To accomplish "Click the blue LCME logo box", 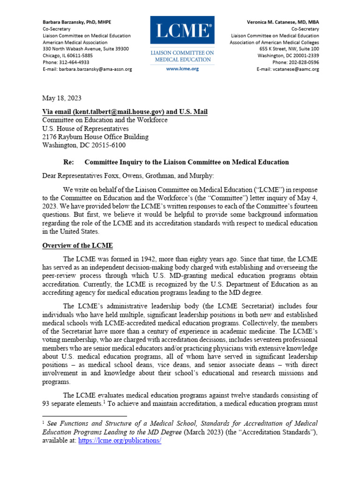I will [182, 31].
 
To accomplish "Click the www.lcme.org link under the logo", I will [182, 68].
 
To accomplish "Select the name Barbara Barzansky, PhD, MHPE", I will [77, 22].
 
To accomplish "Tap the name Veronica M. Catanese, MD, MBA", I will [283, 22].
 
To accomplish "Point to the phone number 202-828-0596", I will [303, 62].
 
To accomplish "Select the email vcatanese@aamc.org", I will [298, 69].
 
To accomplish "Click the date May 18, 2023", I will [62, 98].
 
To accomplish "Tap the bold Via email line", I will [125, 112].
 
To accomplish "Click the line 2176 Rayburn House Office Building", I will [95, 137].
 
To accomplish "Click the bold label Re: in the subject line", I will [68, 162].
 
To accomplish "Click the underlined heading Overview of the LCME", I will [77, 246].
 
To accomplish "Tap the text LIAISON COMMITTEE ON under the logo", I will [182, 53].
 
